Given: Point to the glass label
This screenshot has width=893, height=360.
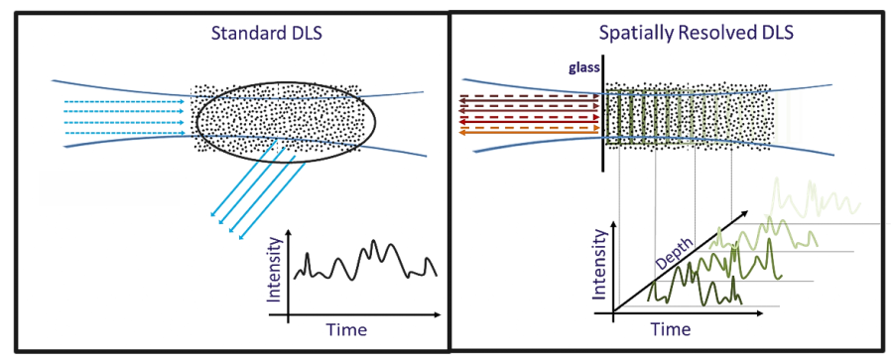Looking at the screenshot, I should (584, 68).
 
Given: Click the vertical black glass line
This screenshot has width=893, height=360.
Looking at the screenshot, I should (603, 119).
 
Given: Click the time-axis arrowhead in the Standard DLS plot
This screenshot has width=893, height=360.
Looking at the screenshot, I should (439, 316).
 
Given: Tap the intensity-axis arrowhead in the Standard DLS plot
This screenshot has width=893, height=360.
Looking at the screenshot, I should (288, 231).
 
